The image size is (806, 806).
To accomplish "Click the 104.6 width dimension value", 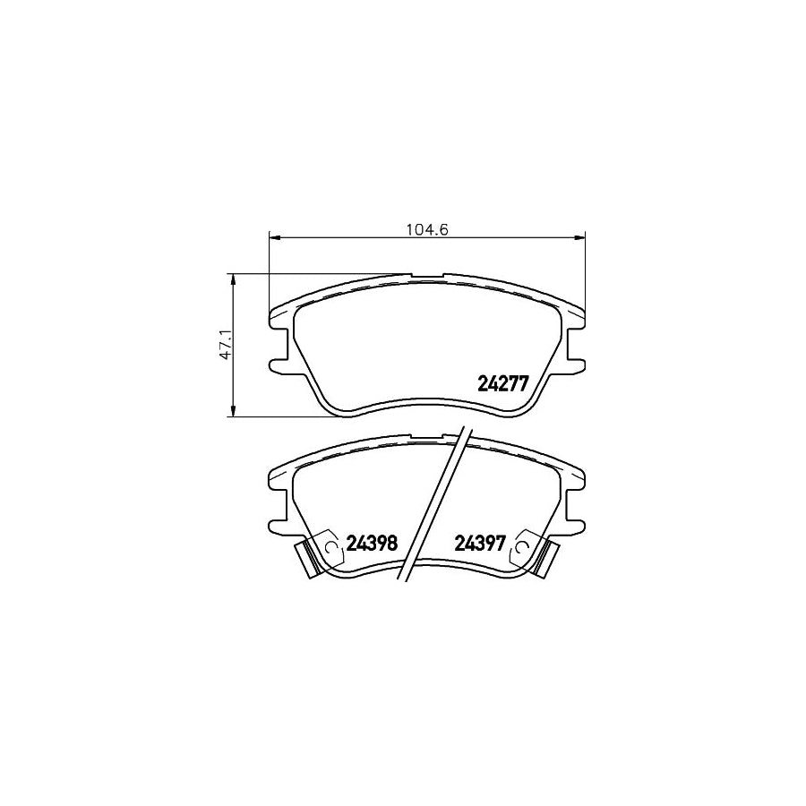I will pyautogui.click(x=426, y=228).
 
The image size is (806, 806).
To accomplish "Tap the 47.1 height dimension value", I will pyautogui.click(x=227, y=345).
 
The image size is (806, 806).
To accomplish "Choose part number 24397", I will pyautogui.click(x=481, y=543).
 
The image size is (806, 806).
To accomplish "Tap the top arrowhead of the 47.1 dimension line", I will pyautogui.click(x=234, y=279).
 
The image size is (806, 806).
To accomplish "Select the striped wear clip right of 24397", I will pyautogui.click(x=544, y=560).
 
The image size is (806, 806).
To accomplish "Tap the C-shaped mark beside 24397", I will pyautogui.click(x=520, y=547).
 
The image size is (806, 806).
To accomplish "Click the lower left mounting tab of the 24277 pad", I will pyautogui.click(x=277, y=364).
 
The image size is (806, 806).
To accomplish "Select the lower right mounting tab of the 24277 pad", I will pyautogui.click(x=578, y=364).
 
